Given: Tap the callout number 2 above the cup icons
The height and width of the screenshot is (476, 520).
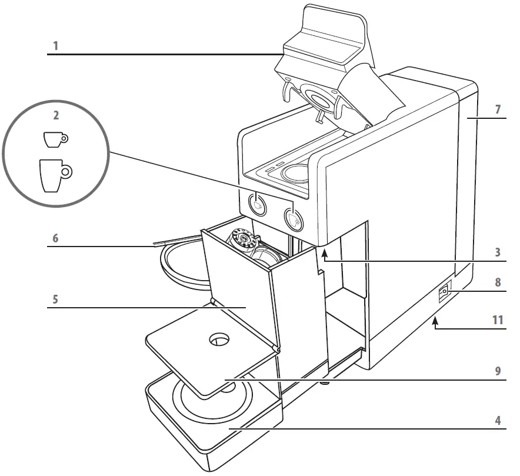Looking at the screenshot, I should tap(56, 116).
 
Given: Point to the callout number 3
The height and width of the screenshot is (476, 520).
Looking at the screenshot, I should tap(498, 252).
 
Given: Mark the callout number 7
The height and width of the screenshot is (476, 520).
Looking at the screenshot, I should tap(498, 110).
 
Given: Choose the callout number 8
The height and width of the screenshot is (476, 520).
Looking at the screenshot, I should tap(498, 282).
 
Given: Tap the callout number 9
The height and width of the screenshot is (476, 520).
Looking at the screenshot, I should tap(498, 371).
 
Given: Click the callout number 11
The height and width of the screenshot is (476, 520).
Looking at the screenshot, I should tap(498, 320).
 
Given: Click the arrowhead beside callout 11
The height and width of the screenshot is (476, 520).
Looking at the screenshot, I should tap(435, 321).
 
